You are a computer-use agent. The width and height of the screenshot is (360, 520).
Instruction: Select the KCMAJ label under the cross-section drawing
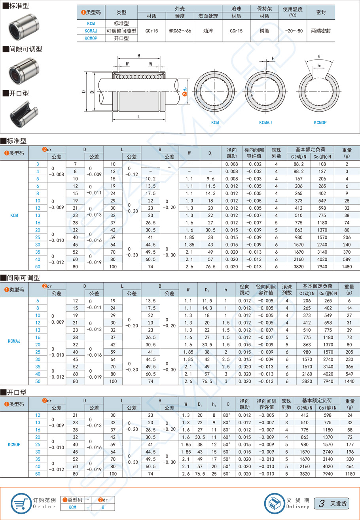[x=265, y=123]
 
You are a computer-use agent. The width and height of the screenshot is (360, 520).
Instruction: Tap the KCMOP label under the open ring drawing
[x=320, y=123]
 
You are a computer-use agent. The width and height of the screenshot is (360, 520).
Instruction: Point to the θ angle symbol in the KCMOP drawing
[x=319, y=56]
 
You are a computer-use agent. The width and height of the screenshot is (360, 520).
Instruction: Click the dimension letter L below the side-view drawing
[x=138, y=116]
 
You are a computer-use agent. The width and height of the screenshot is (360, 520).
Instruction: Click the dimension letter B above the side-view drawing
[x=139, y=56]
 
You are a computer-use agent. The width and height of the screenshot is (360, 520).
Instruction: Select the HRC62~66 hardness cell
[x=180, y=30]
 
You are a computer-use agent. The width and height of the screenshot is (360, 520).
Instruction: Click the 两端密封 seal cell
[x=321, y=30]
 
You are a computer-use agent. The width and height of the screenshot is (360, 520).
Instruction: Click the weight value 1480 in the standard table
[x=347, y=267]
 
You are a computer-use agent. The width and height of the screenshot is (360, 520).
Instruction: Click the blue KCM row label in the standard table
[x=14, y=216]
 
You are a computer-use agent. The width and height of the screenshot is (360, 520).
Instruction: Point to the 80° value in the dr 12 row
[x=226, y=415]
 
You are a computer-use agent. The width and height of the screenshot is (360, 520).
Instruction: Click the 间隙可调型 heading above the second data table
[x=23, y=278]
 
